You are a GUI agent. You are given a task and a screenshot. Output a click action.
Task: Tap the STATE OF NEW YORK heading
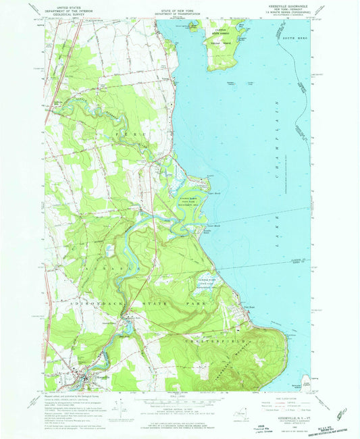click(x=180, y=5)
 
